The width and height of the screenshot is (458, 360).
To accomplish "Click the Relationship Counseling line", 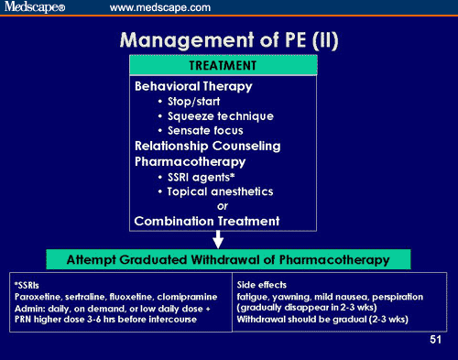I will point(207,146).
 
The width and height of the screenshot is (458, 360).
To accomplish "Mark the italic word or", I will point(222,205).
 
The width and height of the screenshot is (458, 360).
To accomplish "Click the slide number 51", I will point(437,341).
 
